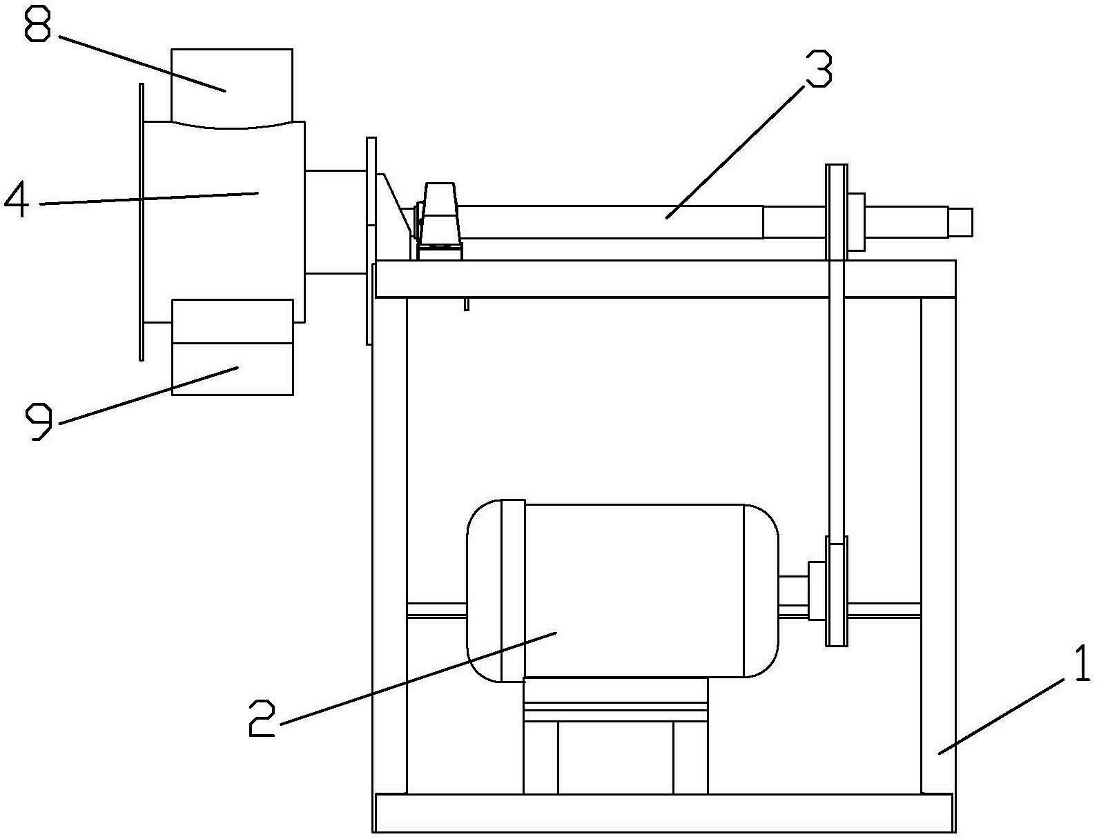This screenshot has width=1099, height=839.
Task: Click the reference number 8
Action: pyautogui.click(x=37, y=23)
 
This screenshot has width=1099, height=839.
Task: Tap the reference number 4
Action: pyautogui.click(x=17, y=201)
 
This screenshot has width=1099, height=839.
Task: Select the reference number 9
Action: pyautogui.click(x=39, y=423)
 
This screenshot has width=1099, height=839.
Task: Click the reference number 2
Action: pyautogui.click(x=262, y=719)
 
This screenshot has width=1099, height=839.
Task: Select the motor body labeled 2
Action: pyautogui.click(x=623, y=591)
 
